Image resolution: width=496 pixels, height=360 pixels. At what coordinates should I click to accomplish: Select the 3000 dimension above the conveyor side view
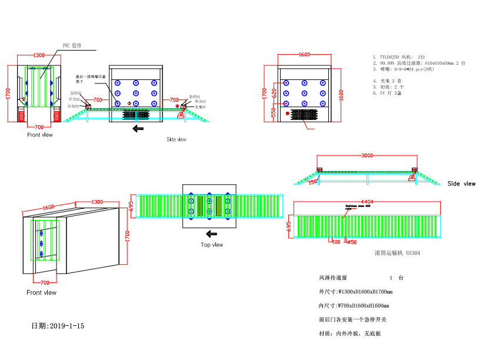367,155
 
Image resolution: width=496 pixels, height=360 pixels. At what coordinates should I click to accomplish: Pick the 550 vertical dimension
274,112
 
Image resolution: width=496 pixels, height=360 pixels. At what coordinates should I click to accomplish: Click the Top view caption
212,245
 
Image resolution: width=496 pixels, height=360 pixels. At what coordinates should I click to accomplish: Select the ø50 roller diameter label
352,242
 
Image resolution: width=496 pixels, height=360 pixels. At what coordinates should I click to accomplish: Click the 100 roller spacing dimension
336,242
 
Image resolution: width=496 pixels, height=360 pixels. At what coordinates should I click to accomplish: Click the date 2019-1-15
58,325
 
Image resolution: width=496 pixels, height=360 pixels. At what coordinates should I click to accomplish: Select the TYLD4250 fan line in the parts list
406,56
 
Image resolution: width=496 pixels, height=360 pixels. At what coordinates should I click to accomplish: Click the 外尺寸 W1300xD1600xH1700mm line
355,291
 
